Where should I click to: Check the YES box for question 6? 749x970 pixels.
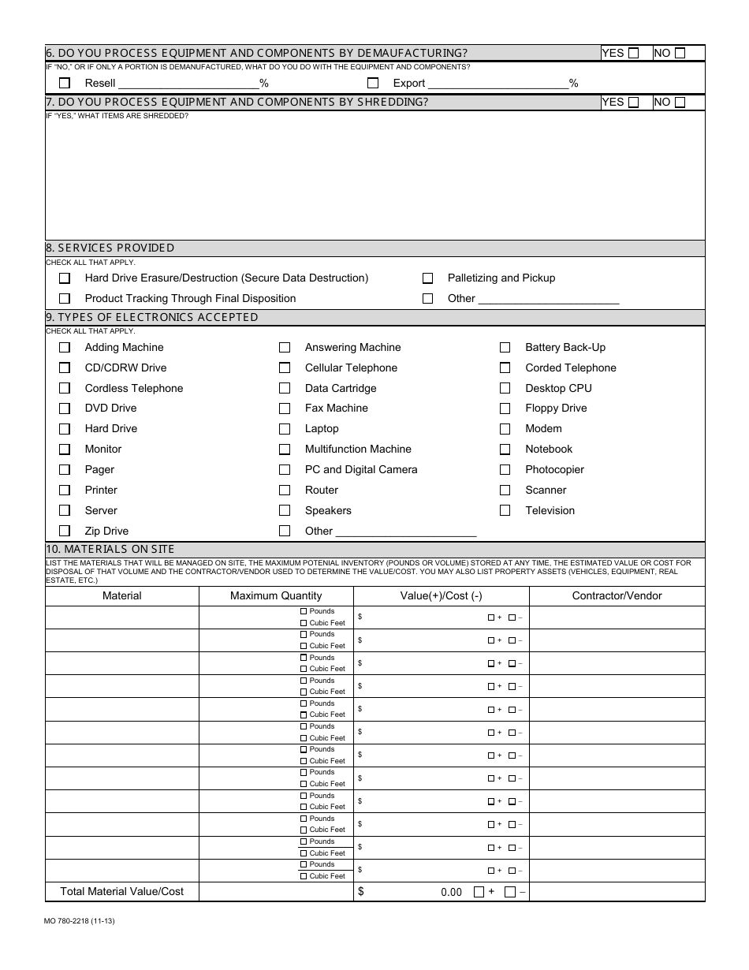coord(633,54)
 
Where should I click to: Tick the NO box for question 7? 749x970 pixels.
coord(680,103)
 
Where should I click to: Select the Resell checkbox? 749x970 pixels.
coord(65,83)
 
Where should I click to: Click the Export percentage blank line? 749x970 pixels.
coord(497,83)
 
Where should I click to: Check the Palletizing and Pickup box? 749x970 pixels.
coord(427,278)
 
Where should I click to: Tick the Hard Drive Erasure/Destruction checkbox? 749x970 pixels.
coord(65,278)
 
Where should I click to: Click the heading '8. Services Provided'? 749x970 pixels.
coord(110,248)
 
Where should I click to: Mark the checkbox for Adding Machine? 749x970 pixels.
coord(65,348)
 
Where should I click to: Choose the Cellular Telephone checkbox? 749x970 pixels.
coord(285,368)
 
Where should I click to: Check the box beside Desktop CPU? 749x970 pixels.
coord(505,389)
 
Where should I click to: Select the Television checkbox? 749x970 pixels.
coord(505,511)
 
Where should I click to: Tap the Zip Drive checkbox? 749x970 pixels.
coord(65,532)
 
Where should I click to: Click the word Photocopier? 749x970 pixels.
coord(554,470)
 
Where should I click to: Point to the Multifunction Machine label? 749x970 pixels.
coord(358,450)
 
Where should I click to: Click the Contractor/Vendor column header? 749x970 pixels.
coord(617,596)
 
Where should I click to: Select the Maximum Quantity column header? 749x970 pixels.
coord(276,596)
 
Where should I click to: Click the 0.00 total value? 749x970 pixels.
coord(451,893)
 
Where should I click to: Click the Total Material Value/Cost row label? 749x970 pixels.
coord(122,892)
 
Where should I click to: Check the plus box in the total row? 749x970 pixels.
coord(479,892)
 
